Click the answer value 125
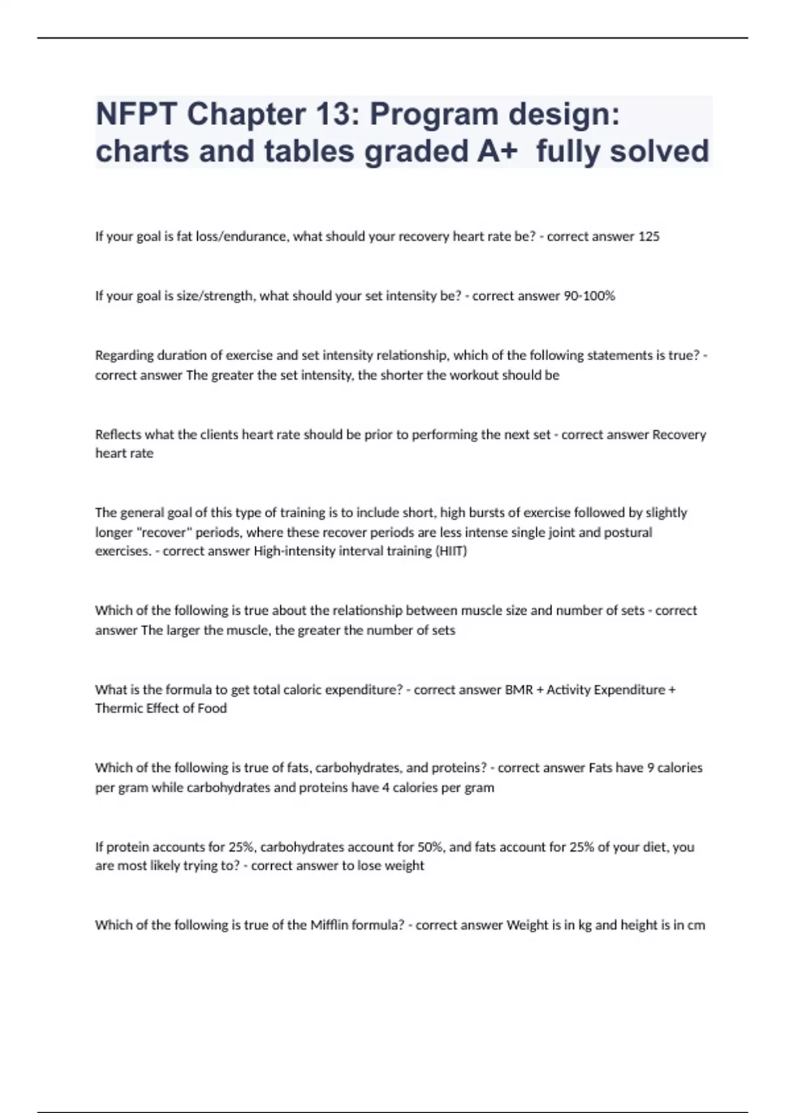[648, 237]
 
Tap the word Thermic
[117, 708]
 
